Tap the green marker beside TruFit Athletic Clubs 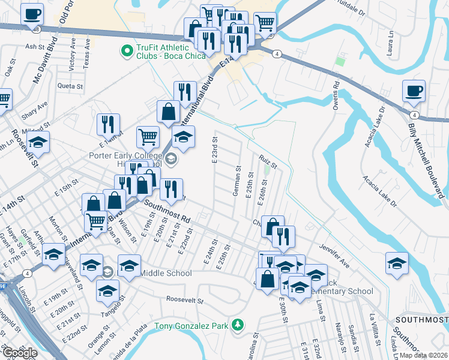point(127,52)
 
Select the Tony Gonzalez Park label point(192,326)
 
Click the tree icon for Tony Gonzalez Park point(238,325)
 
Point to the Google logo point(20,353)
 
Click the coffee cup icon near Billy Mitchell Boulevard point(414,91)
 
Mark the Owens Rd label point(337,99)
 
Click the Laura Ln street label point(391,42)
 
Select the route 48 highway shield point(37,29)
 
